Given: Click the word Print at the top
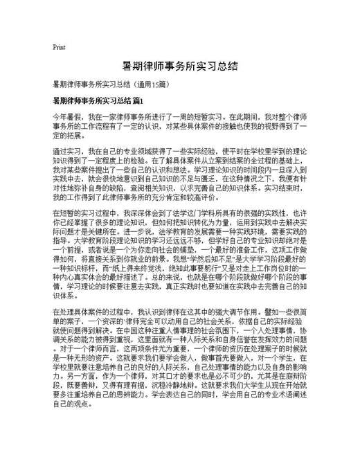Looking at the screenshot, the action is [x=59, y=47].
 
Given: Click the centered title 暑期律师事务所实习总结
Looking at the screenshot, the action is [x=180, y=66].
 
